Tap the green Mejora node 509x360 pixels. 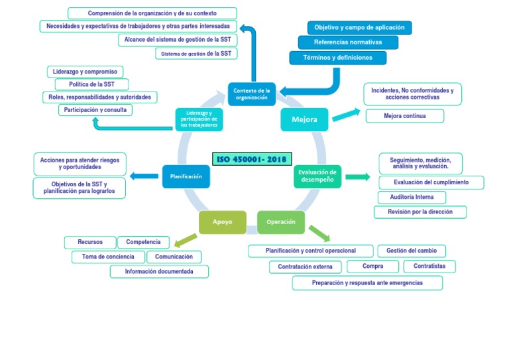tap(304, 119)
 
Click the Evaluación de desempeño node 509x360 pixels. tap(317, 176)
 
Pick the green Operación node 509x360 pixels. tap(280, 222)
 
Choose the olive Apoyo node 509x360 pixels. tap(223, 222)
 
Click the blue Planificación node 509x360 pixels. tap(186, 176)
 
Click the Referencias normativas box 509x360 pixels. tap(348, 42)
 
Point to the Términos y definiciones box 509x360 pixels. tap(337, 58)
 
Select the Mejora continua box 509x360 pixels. tap(405, 116)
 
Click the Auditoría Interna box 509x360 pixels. tap(412, 198)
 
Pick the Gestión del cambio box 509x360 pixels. tap(412, 251)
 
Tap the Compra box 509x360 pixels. tap(373, 267)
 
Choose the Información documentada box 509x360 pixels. tap(159, 271)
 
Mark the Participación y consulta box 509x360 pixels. tap(95, 109)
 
